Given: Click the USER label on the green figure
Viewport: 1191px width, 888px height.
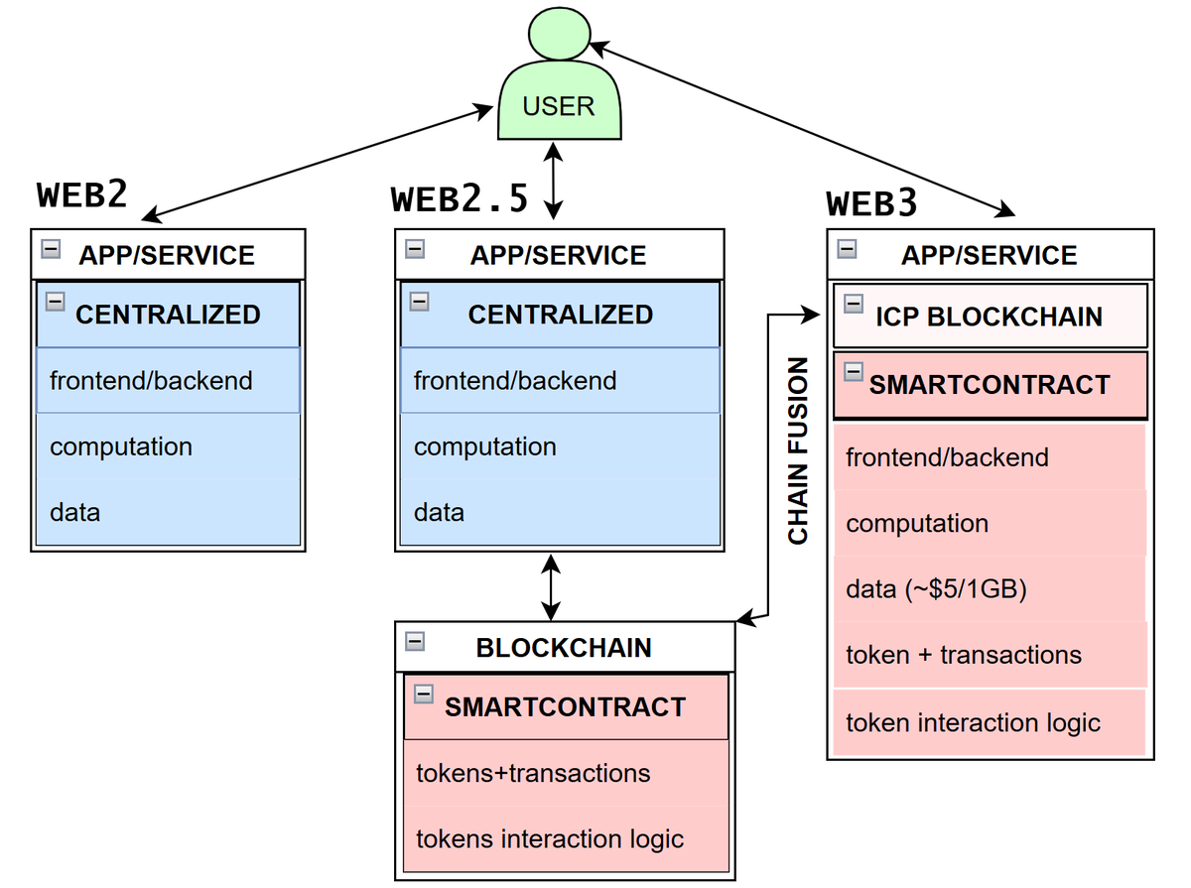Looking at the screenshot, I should click(558, 106).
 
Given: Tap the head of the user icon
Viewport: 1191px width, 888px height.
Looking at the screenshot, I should click(558, 35).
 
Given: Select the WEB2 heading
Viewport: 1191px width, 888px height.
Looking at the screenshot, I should click(82, 194).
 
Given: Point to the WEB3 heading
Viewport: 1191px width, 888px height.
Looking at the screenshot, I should click(871, 203).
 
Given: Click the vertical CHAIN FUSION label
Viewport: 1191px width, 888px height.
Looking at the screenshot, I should click(798, 450).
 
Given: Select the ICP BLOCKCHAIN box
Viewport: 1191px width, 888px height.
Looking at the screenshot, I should click(989, 317).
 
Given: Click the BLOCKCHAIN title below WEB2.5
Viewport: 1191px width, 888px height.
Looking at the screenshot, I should click(564, 648).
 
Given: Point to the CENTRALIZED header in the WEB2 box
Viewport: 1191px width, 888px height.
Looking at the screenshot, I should click(168, 315).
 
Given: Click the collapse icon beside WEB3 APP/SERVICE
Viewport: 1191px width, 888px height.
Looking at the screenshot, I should click(847, 250).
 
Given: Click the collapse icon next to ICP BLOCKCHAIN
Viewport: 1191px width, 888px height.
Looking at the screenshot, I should click(853, 303).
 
